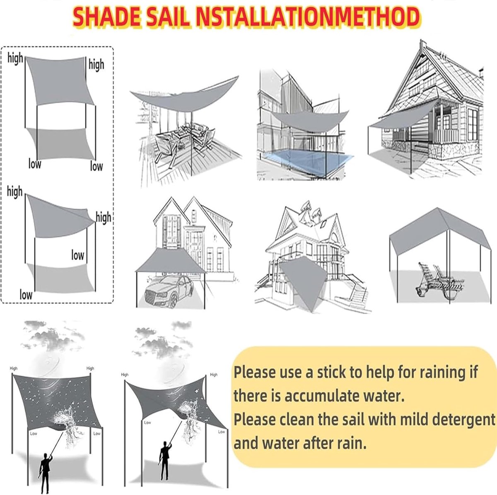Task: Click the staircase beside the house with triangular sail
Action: point(358,294)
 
